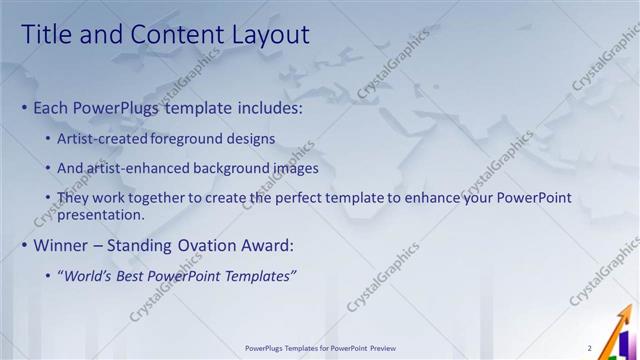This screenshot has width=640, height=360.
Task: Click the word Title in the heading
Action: [47, 35]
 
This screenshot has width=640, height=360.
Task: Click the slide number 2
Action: [590, 348]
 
